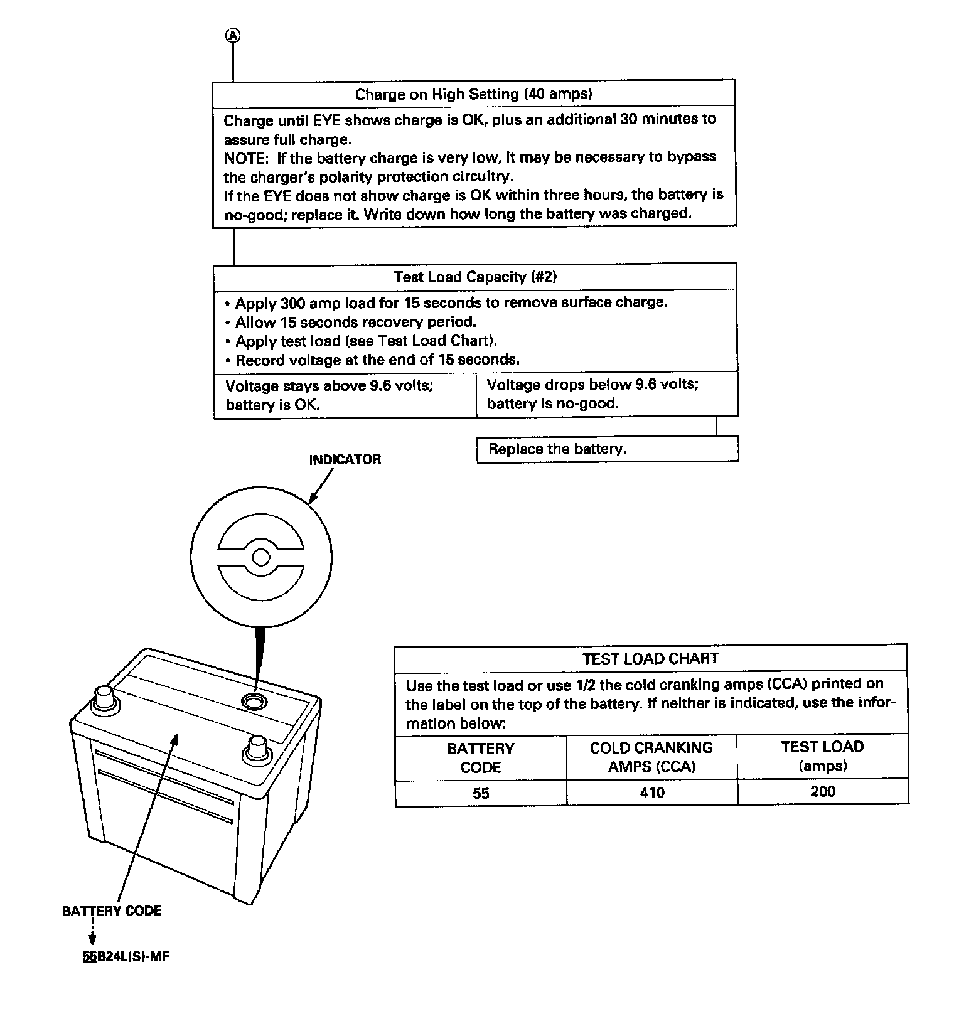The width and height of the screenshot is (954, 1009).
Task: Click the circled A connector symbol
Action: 233,36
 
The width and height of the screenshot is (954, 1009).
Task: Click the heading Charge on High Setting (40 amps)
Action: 474,94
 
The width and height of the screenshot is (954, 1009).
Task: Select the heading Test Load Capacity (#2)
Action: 475,277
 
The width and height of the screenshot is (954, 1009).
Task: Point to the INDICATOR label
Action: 345,459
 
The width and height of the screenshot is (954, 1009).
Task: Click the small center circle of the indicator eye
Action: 261,557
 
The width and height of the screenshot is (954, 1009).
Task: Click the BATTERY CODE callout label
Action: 112,911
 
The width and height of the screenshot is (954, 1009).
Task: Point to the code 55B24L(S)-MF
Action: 126,957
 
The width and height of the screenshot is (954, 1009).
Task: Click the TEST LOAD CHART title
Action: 650,659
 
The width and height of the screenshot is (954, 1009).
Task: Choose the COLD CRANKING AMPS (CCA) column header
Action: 651,757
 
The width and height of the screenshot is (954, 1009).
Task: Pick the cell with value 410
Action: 651,793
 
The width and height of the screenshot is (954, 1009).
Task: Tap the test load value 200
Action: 822,792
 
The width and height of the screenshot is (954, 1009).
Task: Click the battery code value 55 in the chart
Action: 481,793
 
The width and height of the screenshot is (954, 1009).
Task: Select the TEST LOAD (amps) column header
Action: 822,756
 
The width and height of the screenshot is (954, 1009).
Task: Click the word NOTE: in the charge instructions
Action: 245,157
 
